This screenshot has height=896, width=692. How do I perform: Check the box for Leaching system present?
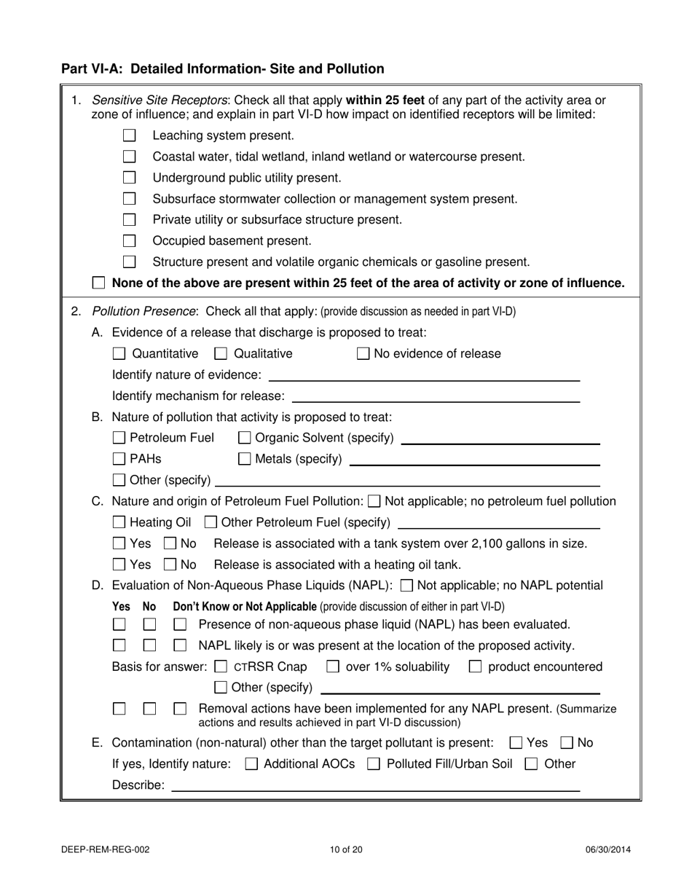pos(130,135)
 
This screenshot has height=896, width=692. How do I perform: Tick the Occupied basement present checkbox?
pos(130,240)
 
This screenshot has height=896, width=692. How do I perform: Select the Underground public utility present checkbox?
pos(130,178)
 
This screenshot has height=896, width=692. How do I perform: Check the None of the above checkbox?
pos(99,283)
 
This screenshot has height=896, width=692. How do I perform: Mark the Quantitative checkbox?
pos(119,354)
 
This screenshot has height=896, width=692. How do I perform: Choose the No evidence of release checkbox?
pos(363,354)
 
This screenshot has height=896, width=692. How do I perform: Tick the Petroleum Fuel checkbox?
pos(119,438)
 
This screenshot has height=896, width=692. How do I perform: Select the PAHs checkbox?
pos(119,459)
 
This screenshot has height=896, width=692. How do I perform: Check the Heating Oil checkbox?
pos(119,522)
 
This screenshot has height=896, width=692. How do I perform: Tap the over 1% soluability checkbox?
pos(333,667)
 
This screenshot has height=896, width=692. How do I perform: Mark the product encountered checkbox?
pos(475,667)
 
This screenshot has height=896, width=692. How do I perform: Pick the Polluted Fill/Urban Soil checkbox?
pos(374,764)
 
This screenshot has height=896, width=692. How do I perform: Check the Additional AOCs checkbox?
pos(251,764)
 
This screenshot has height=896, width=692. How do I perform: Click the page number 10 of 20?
pos(346,849)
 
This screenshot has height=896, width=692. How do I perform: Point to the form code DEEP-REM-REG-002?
pos(106,849)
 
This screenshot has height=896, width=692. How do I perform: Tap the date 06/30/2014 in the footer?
pos(608,849)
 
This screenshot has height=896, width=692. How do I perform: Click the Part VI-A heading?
pos(222,69)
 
